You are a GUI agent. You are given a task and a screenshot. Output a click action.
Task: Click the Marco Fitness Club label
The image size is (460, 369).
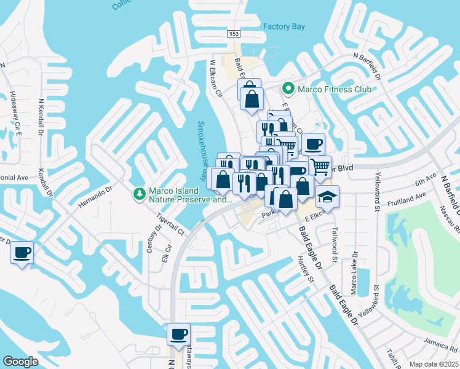pyautogui.click(x=334, y=89)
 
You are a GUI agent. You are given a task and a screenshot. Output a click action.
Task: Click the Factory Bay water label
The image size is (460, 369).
pyautogui.click(x=284, y=26)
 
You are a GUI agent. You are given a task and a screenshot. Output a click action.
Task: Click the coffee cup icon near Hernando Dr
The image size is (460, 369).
pyautogui.click(x=22, y=252)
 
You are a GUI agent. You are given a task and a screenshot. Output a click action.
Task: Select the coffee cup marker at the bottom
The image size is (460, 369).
pyautogui.click(x=178, y=334)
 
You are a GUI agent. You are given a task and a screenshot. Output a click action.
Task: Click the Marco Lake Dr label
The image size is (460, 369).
pyautogui.click(x=355, y=268)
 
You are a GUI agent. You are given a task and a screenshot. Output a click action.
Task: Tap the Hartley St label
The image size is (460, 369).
pyautogui.click(x=306, y=271)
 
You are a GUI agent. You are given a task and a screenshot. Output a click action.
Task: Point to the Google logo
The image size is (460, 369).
pyautogui.click(x=20, y=362)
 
